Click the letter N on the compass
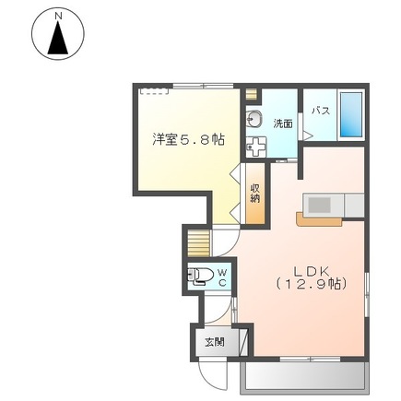(58, 17)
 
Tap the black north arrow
(58, 39)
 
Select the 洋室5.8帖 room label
(188, 140)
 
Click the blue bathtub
(350, 114)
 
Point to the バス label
(321, 111)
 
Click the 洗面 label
(283, 124)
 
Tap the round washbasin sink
(254, 119)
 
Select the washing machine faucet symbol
(256, 147)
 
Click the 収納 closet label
(255, 193)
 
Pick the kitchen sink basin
(319, 205)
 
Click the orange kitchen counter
(319, 219)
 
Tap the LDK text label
(312, 271)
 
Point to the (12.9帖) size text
(312, 284)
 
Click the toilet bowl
(200, 275)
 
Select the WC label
(222, 277)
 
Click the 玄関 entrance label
(215, 342)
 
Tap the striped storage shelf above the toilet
(198, 243)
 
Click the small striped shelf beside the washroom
(251, 94)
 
